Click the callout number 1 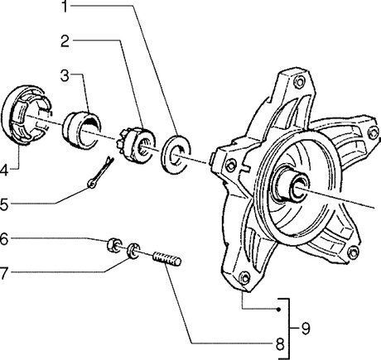(x=65, y=7)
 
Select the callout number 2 (x=65, y=41)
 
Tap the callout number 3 (x=65, y=75)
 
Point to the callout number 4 (x=3, y=170)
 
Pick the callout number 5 (x=4, y=205)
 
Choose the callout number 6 (x=4, y=239)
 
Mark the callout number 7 (x=3, y=273)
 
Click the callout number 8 (x=280, y=344)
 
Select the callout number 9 (x=306, y=329)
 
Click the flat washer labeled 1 (x=176, y=154)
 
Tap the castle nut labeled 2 (x=136, y=146)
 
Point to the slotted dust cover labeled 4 (x=27, y=115)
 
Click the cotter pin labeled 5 (x=101, y=172)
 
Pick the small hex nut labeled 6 (x=113, y=244)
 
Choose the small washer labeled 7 (x=133, y=251)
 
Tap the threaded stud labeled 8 (x=167, y=259)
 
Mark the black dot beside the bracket (x=279, y=310)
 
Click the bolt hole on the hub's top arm (x=299, y=81)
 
